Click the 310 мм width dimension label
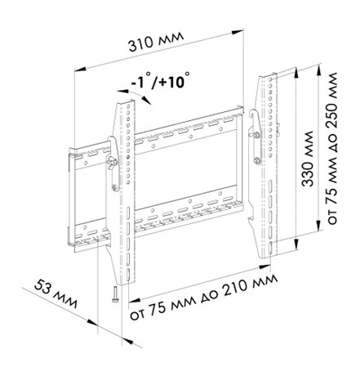tap(156, 42)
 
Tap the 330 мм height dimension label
tap(307, 159)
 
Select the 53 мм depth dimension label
tap(56, 293)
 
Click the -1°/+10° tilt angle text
tap(161, 80)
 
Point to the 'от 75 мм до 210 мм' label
tap(203, 297)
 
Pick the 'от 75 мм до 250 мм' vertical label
tap(332, 149)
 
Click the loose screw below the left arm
tap(114, 293)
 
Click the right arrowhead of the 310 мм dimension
tap(238, 32)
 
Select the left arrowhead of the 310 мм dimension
tap(81, 69)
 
